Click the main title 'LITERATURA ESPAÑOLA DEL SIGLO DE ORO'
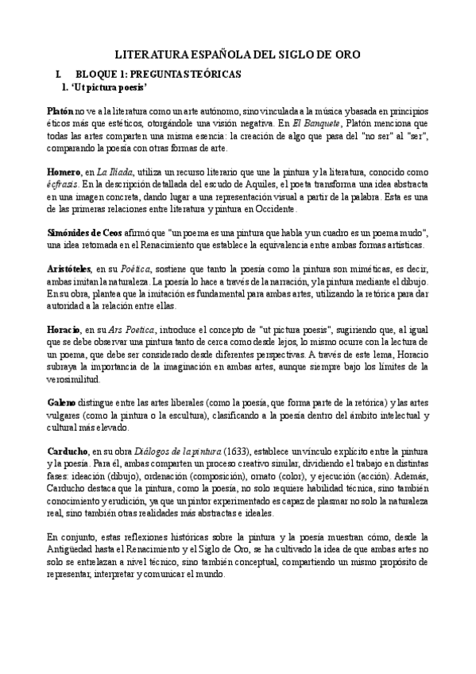click(x=238, y=55)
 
